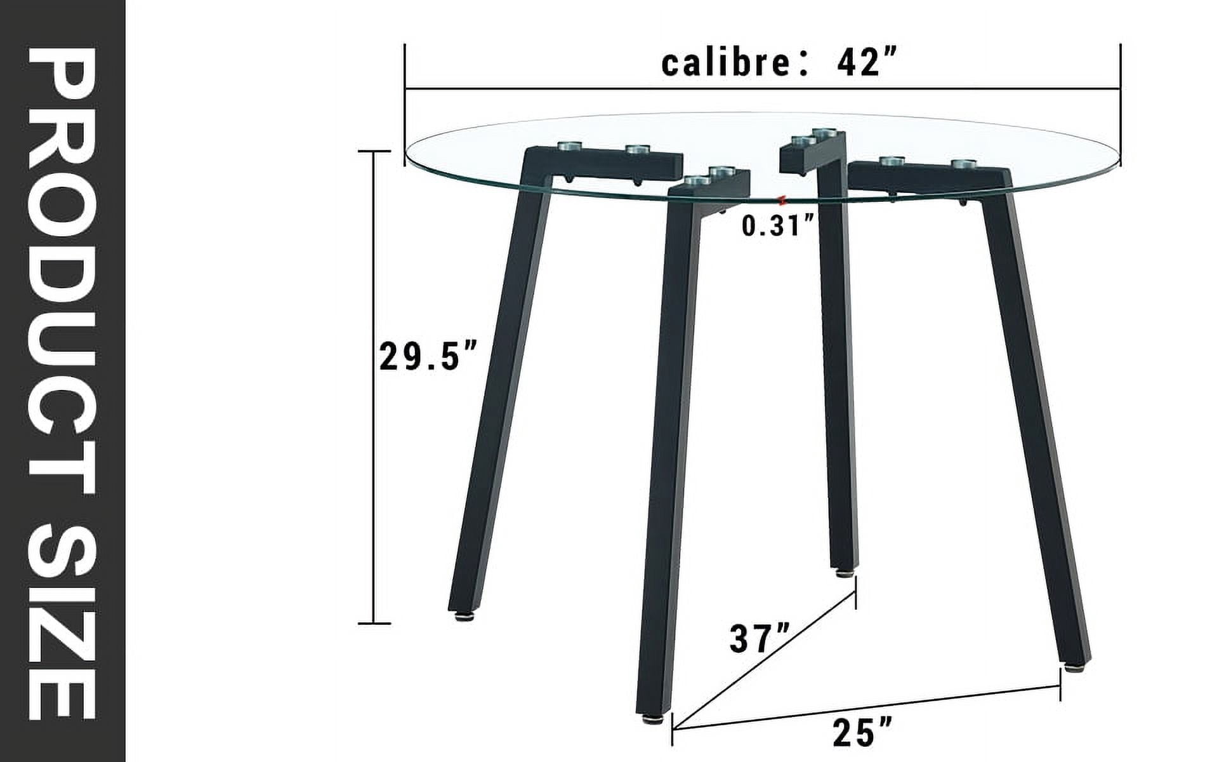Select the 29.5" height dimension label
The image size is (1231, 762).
pyautogui.click(x=427, y=356)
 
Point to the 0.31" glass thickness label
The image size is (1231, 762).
pyautogui.click(x=778, y=226)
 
